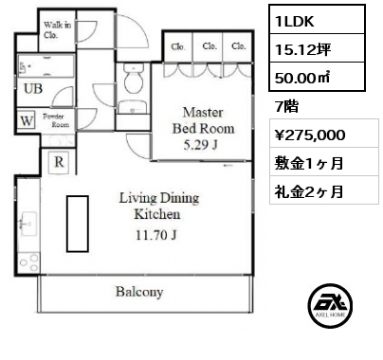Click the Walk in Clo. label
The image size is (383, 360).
[x=57, y=29]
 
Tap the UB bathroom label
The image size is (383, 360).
[x=33, y=89]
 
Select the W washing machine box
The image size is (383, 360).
[x=27, y=120]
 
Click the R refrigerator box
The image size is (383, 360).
[x=59, y=162]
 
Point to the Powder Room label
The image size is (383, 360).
[x=56, y=120]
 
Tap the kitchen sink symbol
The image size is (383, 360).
[x=28, y=224]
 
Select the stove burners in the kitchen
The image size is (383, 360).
[x=28, y=262]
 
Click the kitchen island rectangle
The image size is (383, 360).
[x=78, y=224]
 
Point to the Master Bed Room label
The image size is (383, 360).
[x=203, y=120]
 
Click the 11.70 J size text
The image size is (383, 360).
[x=156, y=235]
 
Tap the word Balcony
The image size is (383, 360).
[x=139, y=292]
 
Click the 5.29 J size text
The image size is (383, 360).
[x=200, y=145]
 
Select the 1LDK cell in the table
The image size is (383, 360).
[x=317, y=20]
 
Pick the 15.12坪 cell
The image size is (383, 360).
[x=317, y=48]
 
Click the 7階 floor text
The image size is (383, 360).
[x=286, y=106]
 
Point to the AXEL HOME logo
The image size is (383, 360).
[x=330, y=305]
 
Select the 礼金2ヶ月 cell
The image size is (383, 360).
[x=324, y=190]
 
